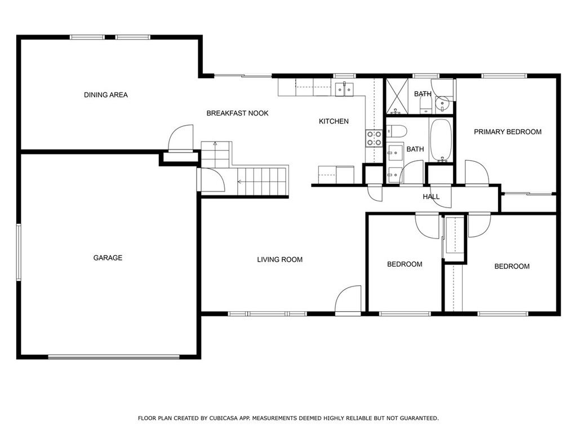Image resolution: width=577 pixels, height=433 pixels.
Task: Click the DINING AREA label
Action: [x=105, y=95]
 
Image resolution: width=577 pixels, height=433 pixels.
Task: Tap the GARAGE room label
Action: [x=108, y=258]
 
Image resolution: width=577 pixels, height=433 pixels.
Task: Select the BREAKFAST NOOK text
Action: [x=237, y=113]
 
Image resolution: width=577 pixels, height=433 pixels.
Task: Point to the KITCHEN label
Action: [x=334, y=121]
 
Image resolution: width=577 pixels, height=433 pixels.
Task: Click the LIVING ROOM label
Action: [x=279, y=259]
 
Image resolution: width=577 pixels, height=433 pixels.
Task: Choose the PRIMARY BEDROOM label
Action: [x=508, y=132]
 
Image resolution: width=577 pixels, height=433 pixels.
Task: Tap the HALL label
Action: [x=431, y=197]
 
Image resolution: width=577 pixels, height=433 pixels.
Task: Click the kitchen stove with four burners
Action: [x=374, y=138]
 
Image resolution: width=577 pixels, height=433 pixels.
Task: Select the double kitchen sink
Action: [x=344, y=89]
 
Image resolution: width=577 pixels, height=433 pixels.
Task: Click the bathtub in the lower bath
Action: [x=441, y=140]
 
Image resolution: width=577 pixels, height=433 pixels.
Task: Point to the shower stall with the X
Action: [x=397, y=96]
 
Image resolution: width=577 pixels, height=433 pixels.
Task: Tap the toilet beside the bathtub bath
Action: [x=396, y=131]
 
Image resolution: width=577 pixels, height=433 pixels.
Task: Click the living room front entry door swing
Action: [x=348, y=299]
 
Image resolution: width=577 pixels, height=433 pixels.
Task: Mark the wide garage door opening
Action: [x=114, y=357]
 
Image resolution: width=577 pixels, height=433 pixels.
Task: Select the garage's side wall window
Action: [x=19, y=252]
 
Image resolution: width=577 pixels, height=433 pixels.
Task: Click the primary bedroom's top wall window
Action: [x=504, y=76]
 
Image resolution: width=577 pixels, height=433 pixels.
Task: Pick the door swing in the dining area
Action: [x=181, y=138]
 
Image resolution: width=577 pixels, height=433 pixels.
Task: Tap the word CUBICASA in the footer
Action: [x=224, y=418]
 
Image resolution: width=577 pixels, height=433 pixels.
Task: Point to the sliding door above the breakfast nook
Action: [x=243, y=76]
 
